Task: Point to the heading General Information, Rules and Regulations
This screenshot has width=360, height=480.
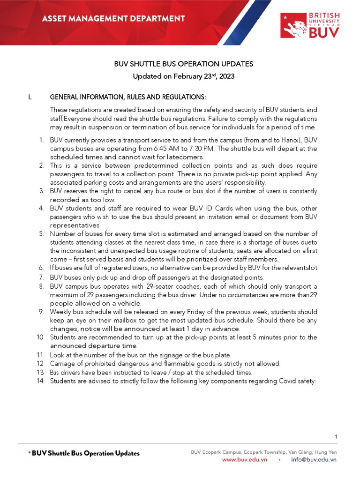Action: click(127, 97)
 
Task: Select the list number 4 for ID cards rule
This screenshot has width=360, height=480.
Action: click(41, 208)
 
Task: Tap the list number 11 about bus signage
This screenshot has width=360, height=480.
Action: click(41, 355)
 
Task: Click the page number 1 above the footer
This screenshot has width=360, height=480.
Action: click(336, 436)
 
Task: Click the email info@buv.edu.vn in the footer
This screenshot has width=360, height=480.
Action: click(314, 460)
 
